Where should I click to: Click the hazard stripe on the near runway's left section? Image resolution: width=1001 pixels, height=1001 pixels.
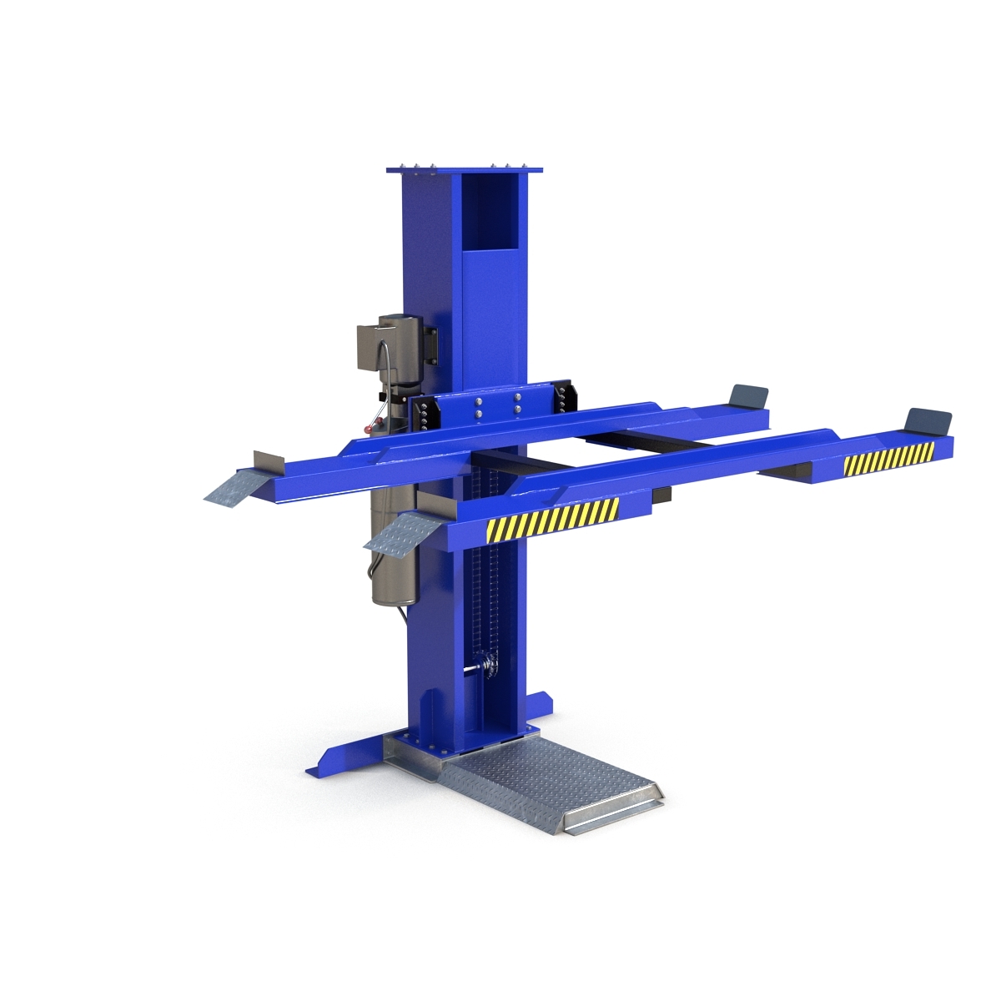pyautogui.click(x=553, y=518)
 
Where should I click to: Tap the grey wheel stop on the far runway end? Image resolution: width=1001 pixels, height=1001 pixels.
pyautogui.click(x=748, y=395)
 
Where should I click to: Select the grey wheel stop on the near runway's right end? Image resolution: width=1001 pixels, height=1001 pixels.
pyautogui.click(x=929, y=420)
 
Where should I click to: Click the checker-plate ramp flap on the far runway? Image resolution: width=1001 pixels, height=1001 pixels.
pyautogui.click(x=236, y=485)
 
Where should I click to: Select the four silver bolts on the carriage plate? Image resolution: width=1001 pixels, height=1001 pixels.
pyautogui.click(x=497, y=405)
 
